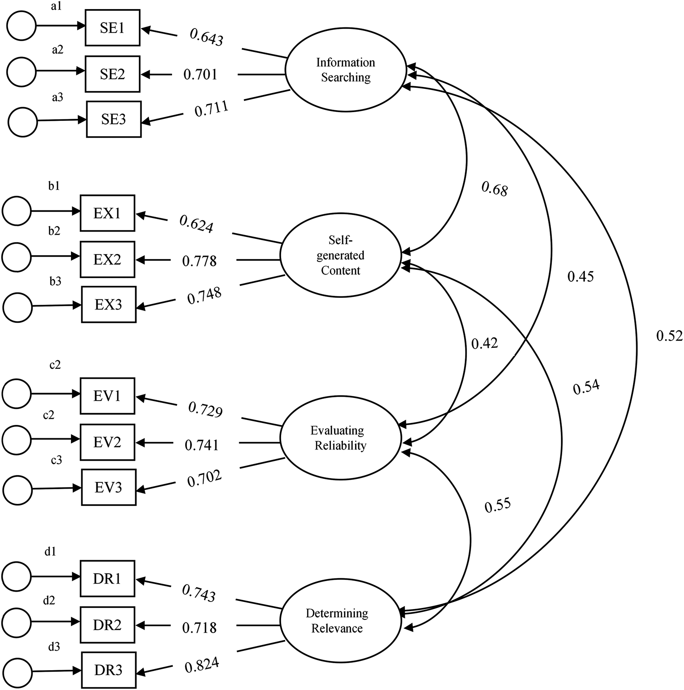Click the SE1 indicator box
(112, 28)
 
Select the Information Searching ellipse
(346, 70)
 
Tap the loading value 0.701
(200, 74)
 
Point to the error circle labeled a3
(23, 122)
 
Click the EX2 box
(107, 259)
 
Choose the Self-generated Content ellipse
(340, 255)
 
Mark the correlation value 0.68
(494, 189)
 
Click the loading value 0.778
(199, 261)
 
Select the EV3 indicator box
(108, 487)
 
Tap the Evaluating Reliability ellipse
(340, 438)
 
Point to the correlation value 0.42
(484, 344)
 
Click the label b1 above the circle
(54, 186)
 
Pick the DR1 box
(107, 579)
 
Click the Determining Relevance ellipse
(337, 621)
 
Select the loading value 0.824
(202, 666)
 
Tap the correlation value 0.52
(669, 336)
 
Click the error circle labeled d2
(16, 622)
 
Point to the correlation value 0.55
(497, 505)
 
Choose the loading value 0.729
(205, 410)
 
